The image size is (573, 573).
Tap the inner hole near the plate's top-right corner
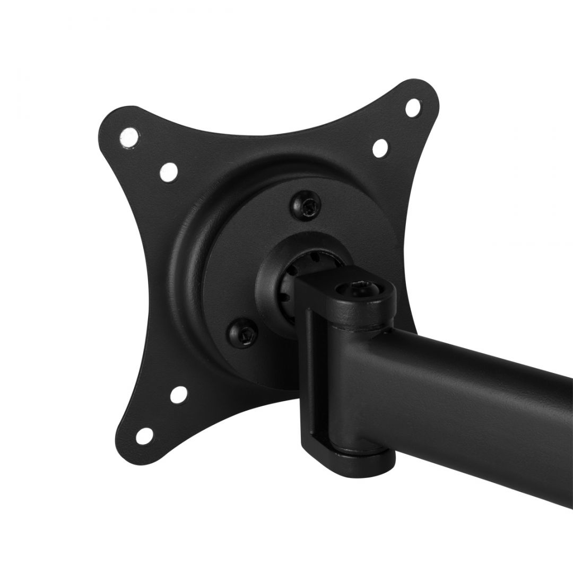pos(380,148)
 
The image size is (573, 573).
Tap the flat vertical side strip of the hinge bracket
pos(309,371)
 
